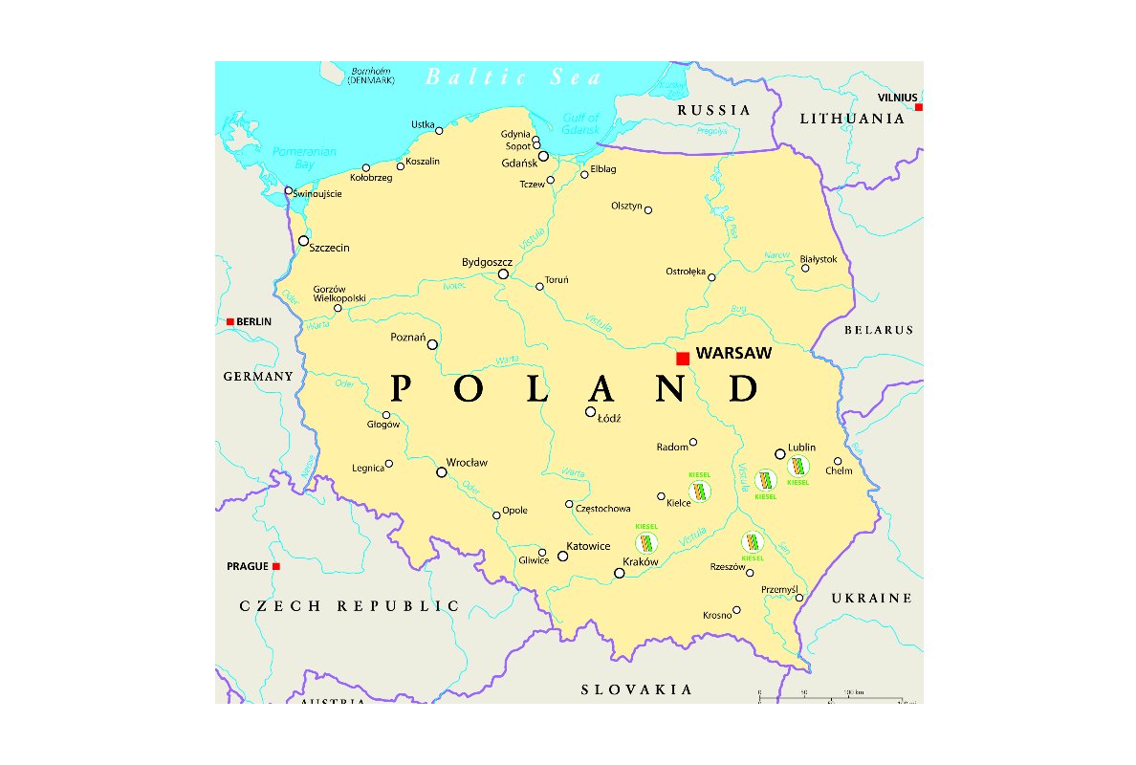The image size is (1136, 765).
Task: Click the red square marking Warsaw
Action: (x=683, y=359)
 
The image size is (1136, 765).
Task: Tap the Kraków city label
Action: (x=641, y=562)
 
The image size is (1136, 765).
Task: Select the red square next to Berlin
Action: (x=230, y=322)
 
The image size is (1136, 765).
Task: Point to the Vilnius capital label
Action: (x=898, y=98)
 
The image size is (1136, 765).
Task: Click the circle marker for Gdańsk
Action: (x=543, y=156)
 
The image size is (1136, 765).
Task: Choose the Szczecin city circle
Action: (x=304, y=241)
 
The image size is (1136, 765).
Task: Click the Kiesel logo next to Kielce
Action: (x=701, y=492)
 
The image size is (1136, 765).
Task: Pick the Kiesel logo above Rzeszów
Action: (x=753, y=543)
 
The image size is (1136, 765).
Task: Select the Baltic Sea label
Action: (x=513, y=77)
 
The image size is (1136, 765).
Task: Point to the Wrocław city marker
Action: (x=442, y=471)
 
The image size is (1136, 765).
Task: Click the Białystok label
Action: (x=819, y=259)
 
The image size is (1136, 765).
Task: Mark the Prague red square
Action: (x=276, y=566)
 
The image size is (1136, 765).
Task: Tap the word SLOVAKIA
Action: (x=637, y=689)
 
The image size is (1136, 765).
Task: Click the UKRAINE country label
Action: (x=871, y=598)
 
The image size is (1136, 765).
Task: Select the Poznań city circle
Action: (x=432, y=344)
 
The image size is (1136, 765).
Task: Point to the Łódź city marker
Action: (x=590, y=412)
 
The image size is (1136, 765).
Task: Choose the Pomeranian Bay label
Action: (x=293, y=158)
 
